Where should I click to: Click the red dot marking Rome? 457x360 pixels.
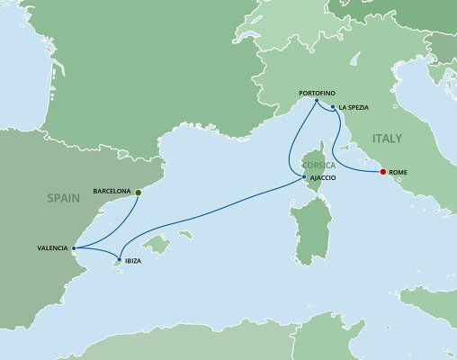381,171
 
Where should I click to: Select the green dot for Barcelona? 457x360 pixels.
138,191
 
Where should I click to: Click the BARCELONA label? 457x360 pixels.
112,191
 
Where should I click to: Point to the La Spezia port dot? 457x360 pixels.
333,107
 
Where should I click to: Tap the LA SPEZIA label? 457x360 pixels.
355,108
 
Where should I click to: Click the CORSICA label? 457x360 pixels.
318,166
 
